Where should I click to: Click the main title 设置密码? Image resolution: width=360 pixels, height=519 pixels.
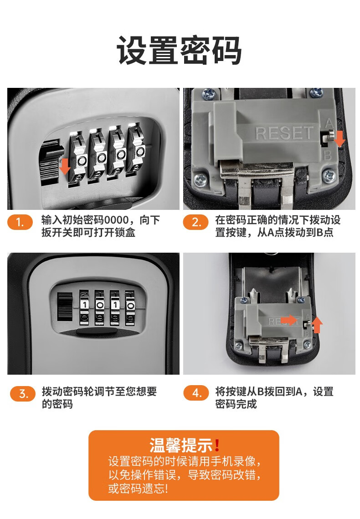179,51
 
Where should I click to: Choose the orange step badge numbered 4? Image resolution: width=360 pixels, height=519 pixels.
196,393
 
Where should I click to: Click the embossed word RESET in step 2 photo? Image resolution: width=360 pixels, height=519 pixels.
284,133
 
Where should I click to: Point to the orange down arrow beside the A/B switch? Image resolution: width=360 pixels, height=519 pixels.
339,138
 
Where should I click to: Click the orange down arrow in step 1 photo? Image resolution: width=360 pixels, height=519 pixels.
65,166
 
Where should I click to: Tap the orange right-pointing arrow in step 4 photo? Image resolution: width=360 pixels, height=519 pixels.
289,320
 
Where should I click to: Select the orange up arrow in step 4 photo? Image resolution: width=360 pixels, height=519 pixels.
317,325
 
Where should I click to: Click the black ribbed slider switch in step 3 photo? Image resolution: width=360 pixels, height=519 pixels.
65,306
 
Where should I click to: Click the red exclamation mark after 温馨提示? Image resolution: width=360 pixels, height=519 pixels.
217,445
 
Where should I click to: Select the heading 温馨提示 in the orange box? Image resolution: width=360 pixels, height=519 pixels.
181,445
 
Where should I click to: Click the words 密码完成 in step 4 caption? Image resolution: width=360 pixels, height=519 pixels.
236,404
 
